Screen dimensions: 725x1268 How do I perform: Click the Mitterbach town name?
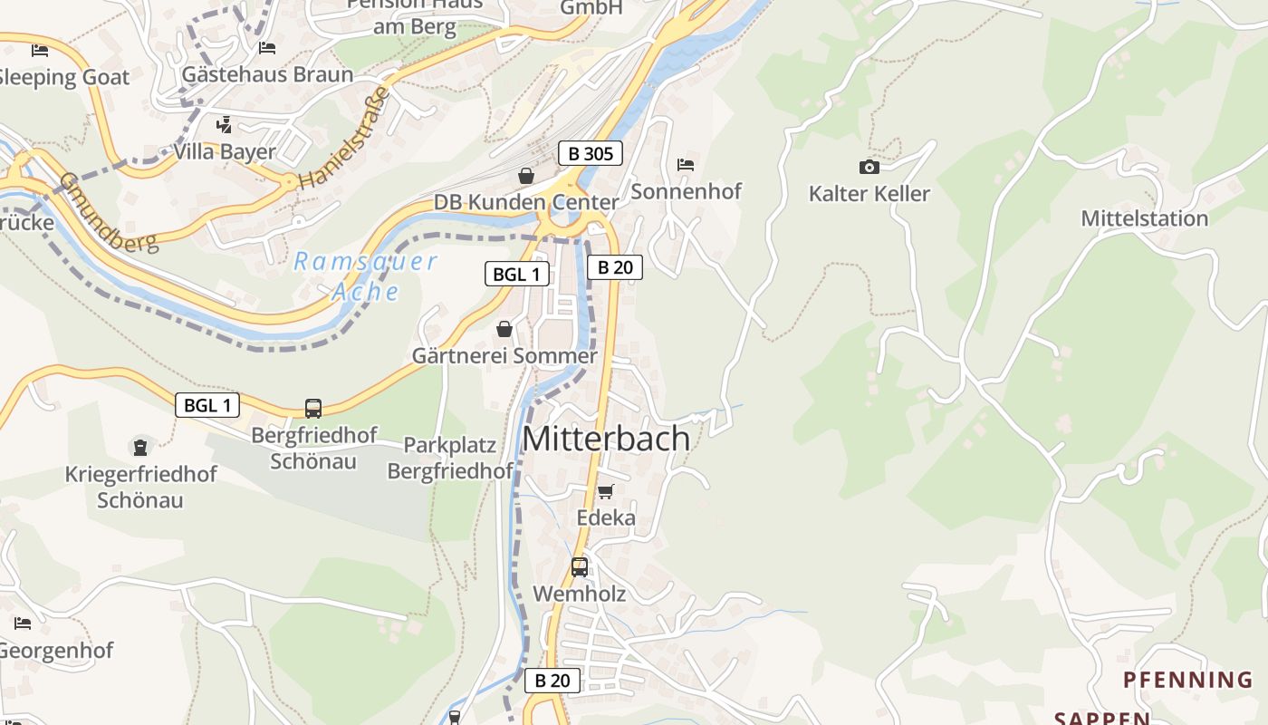pos(606,439)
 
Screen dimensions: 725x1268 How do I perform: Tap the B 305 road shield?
pos(590,153)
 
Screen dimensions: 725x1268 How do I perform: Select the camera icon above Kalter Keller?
pos(869,167)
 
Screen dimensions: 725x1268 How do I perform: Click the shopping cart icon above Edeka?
pos(605,491)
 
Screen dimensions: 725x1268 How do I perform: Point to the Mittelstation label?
pos(1144,218)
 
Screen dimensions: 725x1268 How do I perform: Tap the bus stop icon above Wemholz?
pos(580,567)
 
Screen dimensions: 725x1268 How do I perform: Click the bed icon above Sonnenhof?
pos(686,165)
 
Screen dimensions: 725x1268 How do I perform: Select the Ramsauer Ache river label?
pos(365,276)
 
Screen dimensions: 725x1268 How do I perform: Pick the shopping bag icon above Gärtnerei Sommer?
pos(504,329)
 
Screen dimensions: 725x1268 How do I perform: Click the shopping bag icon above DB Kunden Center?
pos(525,176)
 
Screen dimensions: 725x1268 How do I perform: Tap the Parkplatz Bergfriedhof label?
pos(450,458)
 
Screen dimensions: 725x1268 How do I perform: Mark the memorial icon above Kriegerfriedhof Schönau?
pos(140,447)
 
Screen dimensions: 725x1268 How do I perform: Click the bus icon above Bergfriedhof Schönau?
pos(313,408)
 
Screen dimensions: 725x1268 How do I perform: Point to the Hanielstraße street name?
pos(343,138)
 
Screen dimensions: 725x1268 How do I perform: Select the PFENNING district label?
pos(1187,680)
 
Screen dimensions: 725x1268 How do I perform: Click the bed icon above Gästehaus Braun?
pos(266,47)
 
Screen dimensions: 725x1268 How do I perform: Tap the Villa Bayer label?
pos(224,151)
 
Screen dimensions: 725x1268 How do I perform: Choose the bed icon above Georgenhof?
pos(23,623)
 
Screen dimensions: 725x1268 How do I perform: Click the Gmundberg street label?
pos(108,212)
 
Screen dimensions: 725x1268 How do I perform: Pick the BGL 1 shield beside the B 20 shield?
pos(516,274)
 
